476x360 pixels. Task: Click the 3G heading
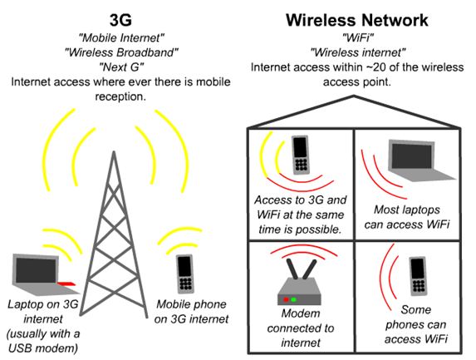click(x=120, y=20)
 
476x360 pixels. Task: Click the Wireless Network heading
click(x=357, y=20)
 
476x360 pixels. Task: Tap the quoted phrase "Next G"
click(x=121, y=67)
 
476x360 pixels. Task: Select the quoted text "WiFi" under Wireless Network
click(x=357, y=37)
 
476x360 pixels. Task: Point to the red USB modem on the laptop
click(x=66, y=284)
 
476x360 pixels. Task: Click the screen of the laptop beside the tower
click(x=36, y=271)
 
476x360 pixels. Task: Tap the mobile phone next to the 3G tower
click(x=185, y=274)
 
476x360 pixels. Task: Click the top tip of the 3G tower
click(x=114, y=151)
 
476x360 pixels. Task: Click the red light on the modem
click(x=286, y=299)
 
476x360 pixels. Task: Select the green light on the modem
click(x=293, y=299)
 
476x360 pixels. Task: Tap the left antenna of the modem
click(x=292, y=269)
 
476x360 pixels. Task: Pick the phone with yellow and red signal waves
click(x=301, y=155)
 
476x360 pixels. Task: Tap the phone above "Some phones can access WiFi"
click(x=419, y=276)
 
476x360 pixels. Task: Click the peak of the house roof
click(x=354, y=96)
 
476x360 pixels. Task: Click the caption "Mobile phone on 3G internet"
click(x=191, y=312)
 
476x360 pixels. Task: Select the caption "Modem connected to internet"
click(x=301, y=328)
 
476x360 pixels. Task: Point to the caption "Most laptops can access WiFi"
click(x=407, y=217)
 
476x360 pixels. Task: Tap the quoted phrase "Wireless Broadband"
click(x=121, y=52)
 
